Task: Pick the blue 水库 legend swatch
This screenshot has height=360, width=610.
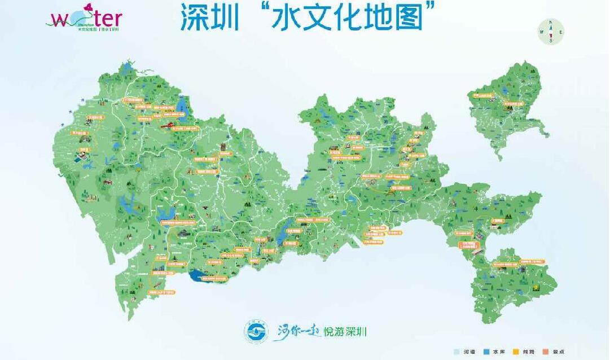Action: pyautogui.click(x=485, y=352)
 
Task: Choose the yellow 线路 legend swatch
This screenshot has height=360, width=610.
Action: pyautogui.click(x=515, y=352)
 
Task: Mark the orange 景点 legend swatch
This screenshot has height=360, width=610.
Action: pyautogui.click(x=545, y=352)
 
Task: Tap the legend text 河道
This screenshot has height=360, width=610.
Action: pyautogui.click(x=468, y=352)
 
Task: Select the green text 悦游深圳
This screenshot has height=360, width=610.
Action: pyautogui.click(x=345, y=332)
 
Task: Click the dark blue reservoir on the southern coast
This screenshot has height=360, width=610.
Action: pyautogui.click(x=200, y=276)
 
